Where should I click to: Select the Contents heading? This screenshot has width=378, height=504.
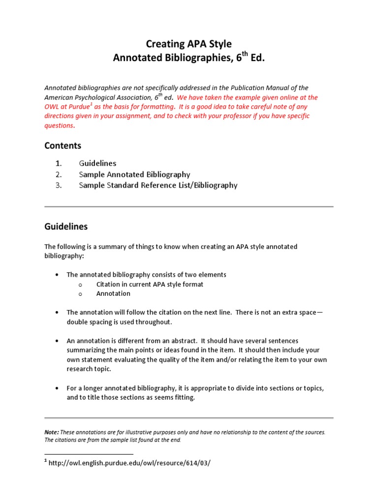click(63, 146)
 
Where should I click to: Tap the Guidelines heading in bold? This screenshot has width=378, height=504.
click(66, 227)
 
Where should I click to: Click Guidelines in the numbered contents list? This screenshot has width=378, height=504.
click(97, 163)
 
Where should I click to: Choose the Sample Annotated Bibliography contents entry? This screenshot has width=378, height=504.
click(134, 174)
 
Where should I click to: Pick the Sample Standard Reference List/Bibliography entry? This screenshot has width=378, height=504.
click(158, 186)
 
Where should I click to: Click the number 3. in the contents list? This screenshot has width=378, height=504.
click(58, 186)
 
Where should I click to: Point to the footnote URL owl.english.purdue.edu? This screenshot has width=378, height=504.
click(130, 464)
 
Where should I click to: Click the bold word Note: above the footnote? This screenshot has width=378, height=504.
click(52, 432)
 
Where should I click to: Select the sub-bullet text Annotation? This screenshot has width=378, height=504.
click(113, 293)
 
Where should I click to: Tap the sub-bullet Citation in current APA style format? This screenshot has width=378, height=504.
click(150, 284)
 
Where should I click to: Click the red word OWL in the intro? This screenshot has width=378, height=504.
click(53, 107)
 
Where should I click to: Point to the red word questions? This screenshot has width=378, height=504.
click(59, 126)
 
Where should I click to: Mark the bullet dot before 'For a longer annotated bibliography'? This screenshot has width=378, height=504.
click(58, 388)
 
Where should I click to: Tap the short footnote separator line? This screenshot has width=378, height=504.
click(89, 454)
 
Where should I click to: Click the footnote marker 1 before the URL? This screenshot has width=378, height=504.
click(46, 462)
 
